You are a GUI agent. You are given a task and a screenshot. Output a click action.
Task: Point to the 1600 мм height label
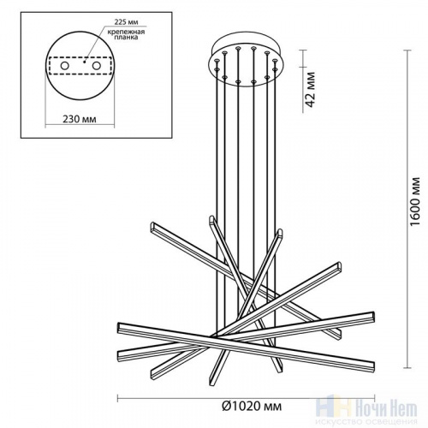(x=415, y=205)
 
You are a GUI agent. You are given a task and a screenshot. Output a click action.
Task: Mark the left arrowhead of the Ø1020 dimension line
(x=117, y=398)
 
